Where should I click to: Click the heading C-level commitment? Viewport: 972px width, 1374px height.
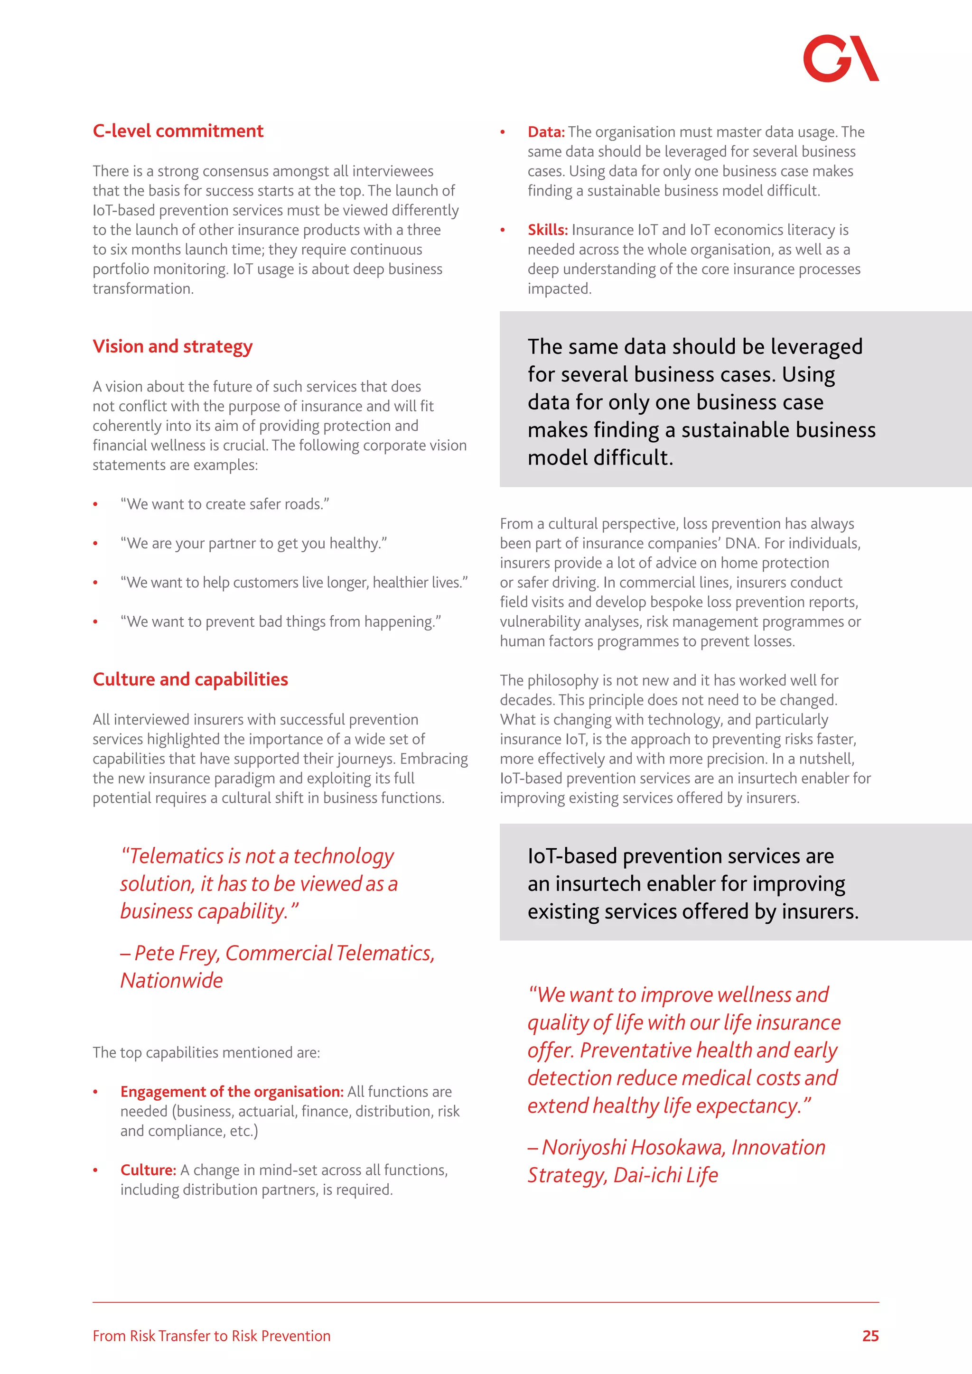pyautogui.click(x=178, y=130)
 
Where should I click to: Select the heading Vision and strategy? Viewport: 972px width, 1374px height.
pyautogui.click(x=172, y=346)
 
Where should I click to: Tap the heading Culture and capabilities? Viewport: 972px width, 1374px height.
pyautogui.click(x=190, y=679)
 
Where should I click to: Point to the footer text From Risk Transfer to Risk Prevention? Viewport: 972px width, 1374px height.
pyautogui.click(x=211, y=1336)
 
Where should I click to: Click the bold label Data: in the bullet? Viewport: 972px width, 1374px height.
pyautogui.click(x=546, y=131)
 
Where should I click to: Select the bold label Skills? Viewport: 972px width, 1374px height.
pyautogui.click(x=547, y=230)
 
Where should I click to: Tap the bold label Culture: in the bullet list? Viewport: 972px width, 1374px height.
pyautogui.click(x=148, y=1170)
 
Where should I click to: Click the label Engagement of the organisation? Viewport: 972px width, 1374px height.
pyautogui.click(x=232, y=1092)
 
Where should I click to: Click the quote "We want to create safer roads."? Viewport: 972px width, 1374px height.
pyautogui.click(x=224, y=504)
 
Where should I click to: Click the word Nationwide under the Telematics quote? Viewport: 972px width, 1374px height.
pyautogui.click(x=171, y=980)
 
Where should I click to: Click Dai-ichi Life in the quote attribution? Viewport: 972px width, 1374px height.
pyautogui.click(x=665, y=1175)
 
